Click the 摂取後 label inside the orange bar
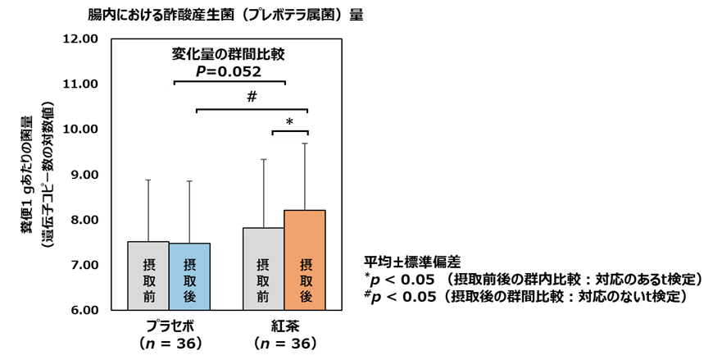click(306, 280)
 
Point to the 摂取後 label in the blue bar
click(189, 280)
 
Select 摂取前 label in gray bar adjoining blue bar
click(148, 280)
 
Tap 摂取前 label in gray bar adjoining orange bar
click(263, 280)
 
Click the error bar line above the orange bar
click(305, 176)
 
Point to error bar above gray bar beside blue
click(148, 211)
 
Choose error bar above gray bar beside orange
click(264, 194)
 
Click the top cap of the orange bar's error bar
click(305, 144)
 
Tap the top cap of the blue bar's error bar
click(189, 182)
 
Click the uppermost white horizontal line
click(225, 87)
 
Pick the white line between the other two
click(247, 116)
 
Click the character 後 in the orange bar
click(306, 297)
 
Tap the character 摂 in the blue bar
click(189, 265)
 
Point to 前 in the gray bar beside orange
click(263, 297)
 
